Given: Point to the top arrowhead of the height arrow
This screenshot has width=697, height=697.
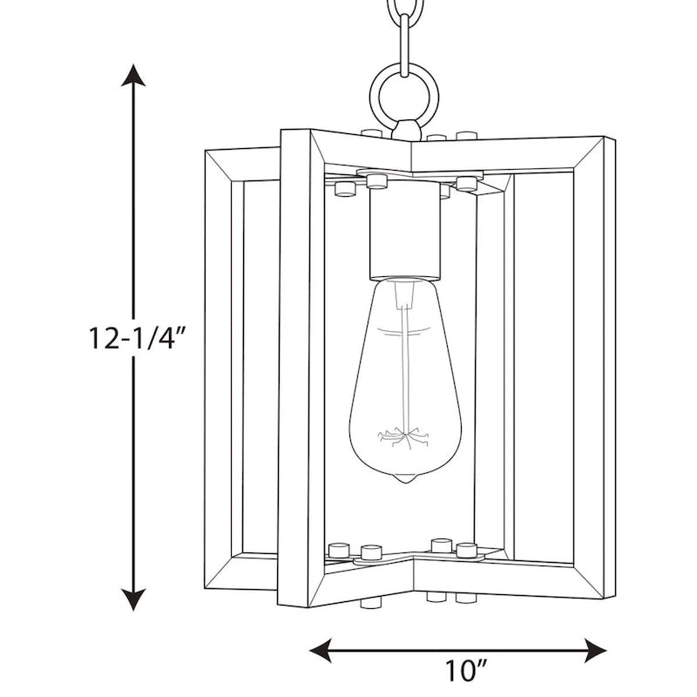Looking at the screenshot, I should click(132, 77).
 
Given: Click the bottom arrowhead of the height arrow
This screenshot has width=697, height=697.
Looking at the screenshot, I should click(132, 599).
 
